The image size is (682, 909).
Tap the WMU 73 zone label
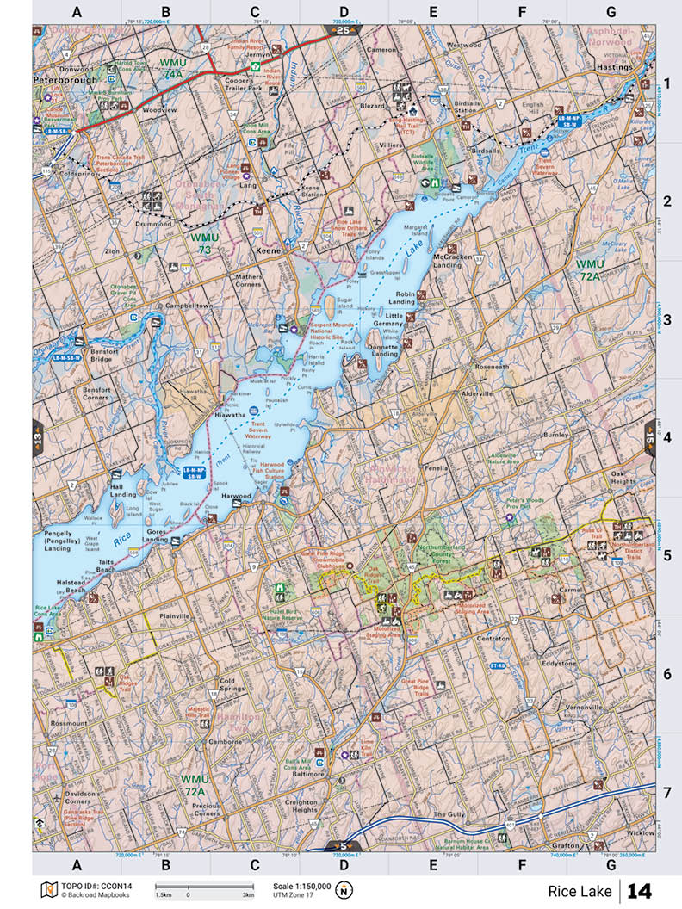(206, 242)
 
